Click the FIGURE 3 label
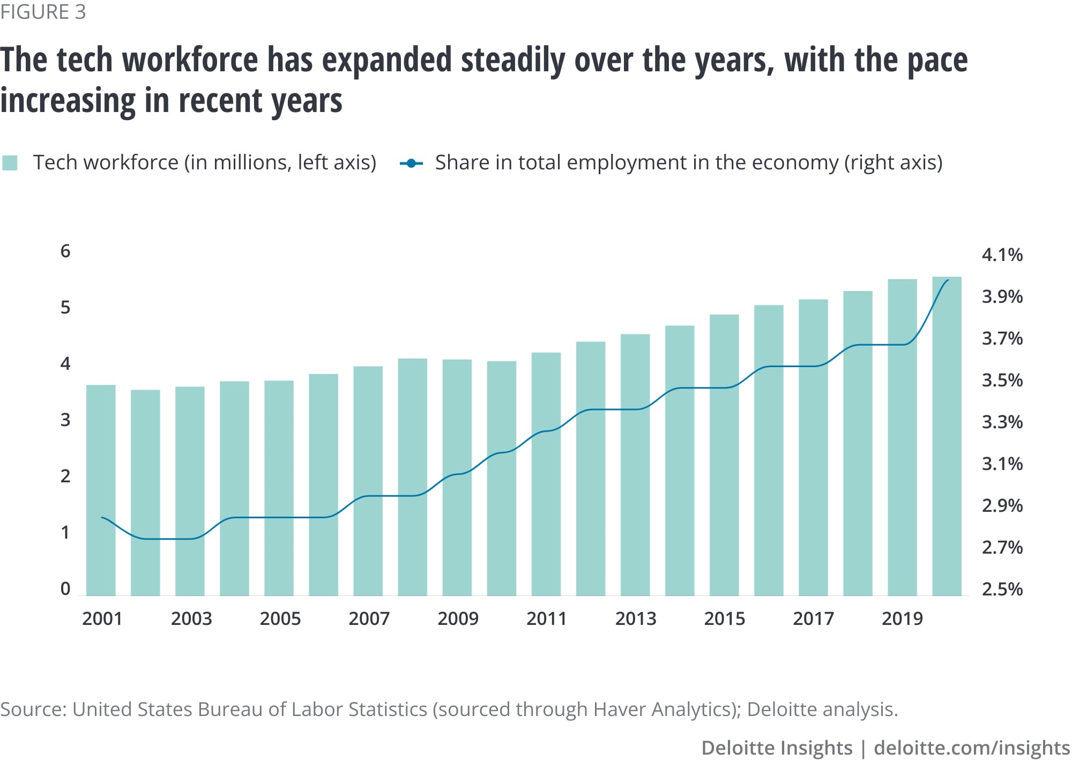(43, 12)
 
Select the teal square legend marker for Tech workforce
(10, 163)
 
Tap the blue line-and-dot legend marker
(411, 163)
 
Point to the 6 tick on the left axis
(65, 251)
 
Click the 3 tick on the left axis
(65, 420)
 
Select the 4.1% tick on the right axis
(1001, 255)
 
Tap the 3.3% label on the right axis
(1001, 422)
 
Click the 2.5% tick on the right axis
(1001, 589)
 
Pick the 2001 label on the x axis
(102, 618)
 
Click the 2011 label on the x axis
(546, 618)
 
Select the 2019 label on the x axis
(902, 618)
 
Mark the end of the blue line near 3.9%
(948, 280)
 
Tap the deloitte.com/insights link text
(971, 748)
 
